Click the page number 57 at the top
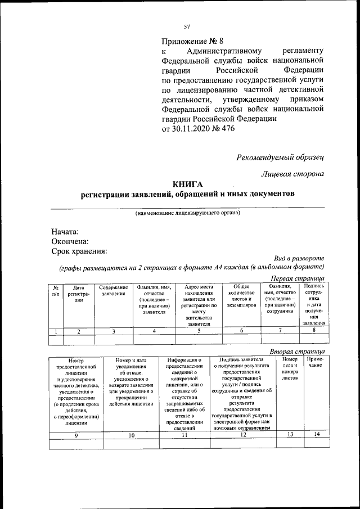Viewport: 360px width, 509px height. [187, 26]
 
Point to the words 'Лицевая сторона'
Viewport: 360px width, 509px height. [292, 174]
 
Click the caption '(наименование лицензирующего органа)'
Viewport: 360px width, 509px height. [187, 213]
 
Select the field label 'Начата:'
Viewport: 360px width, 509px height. [65, 232]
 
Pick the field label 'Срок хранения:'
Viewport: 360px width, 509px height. [79, 251]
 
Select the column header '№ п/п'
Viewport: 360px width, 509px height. [56, 291]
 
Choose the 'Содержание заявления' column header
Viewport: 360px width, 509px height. [114, 291]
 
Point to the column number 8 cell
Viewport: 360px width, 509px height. [313, 331]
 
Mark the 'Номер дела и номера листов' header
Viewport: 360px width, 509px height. [290, 368]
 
